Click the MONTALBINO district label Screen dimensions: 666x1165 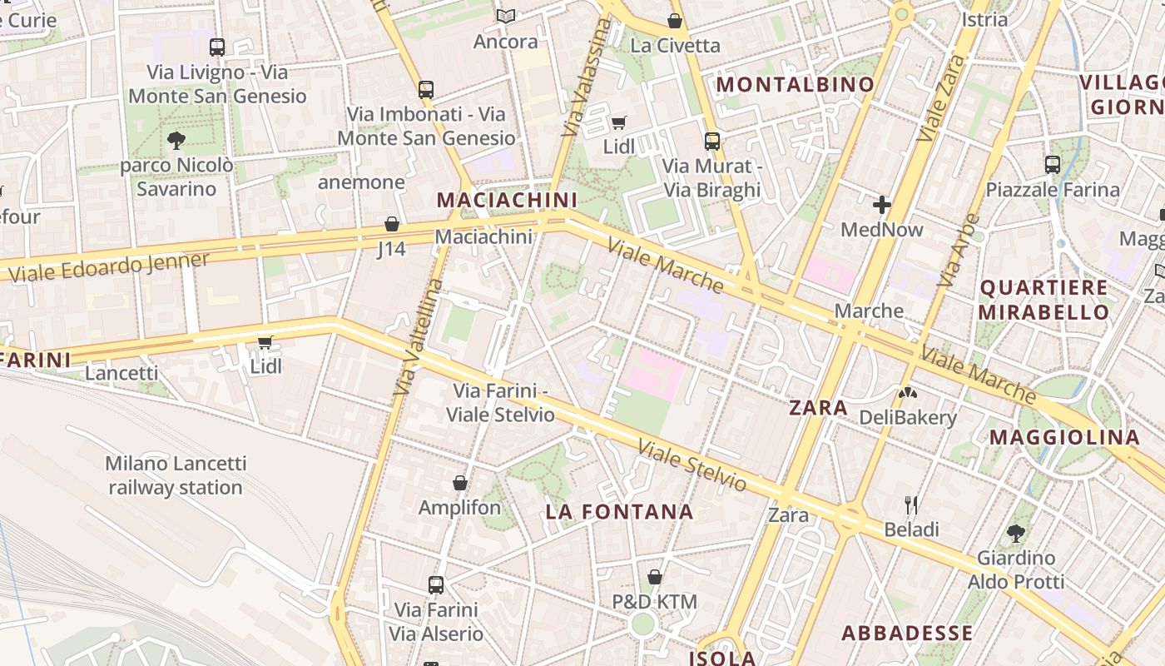[795, 84]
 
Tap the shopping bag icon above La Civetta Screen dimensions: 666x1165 [674, 21]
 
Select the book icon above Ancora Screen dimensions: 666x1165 [505, 16]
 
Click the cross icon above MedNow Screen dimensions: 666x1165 [881, 204]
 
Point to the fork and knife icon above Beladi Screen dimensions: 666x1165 [911, 504]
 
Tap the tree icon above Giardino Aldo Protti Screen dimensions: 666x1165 [1015, 533]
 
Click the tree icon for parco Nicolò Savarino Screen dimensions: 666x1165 [176, 140]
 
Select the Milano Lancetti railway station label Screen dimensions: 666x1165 [176, 475]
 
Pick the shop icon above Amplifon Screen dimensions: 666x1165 [459, 483]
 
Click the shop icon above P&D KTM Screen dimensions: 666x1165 [654, 577]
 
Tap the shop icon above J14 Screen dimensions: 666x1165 [391, 224]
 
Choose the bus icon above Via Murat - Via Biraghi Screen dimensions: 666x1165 [711, 141]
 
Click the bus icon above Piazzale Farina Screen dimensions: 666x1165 [1052, 165]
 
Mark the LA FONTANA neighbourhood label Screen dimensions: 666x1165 [619, 512]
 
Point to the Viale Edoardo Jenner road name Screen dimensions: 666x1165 [109, 266]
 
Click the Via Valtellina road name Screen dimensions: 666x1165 [419, 337]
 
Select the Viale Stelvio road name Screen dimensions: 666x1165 [692, 465]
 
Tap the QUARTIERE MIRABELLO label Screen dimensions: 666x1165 [1044, 300]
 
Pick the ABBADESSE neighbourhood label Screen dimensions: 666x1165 [907, 633]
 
